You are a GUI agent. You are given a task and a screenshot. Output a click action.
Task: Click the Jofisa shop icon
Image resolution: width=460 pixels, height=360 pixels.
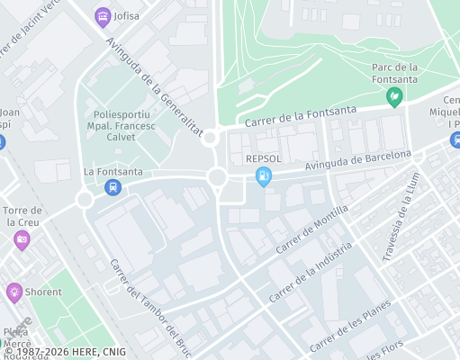point(102,16)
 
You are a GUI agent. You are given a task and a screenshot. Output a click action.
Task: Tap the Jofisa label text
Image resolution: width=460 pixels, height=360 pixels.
point(127,16)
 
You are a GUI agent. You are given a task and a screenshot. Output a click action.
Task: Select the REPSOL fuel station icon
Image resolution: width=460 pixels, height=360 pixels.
point(263,176)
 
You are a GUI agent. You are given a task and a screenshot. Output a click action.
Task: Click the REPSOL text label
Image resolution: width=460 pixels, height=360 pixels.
point(264,158)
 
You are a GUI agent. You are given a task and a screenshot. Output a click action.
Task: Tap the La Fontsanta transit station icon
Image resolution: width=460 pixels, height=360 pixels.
point(112,187)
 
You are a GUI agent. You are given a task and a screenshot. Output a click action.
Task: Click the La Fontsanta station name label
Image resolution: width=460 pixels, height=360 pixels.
point(113,171)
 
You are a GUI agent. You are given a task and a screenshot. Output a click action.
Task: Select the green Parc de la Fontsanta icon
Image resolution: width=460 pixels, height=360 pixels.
point(393,96)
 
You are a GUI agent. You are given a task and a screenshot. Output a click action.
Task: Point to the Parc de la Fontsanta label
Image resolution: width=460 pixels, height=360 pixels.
point(393,73)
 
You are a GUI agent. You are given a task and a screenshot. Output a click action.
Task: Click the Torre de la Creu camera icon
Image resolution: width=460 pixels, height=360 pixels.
point(22,239)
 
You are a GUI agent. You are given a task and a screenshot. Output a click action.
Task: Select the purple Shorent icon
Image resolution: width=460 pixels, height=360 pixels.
point(14,292)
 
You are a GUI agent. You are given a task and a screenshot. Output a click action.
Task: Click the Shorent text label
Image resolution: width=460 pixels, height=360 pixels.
point(43,292)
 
